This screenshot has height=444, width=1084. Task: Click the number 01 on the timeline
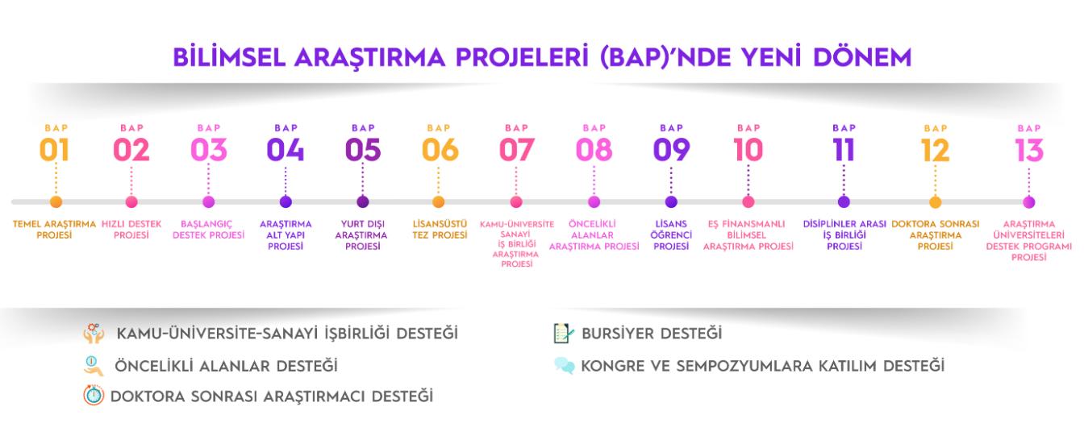pyautogui.click(x=54, y=150)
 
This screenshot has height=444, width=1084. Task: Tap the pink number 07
pyautogui.click(x=516, y=150)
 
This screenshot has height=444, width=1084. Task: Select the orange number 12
pyautogui.click(x=935, y=151)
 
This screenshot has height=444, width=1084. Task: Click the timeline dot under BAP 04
pyautogui.click(x=286, y=201)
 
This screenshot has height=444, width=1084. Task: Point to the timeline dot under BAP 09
pyautogui.click(x=671, y=201)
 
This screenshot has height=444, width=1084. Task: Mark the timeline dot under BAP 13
pyautogui.click(x=1029, y=201)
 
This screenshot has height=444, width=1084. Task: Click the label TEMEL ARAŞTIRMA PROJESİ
pyautogui.click(x=54, y=230)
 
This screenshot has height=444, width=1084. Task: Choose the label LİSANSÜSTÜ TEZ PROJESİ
pyautogui.click(x=440, y=230)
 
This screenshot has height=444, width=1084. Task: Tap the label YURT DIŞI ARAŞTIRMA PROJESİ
pyautogui.click(x=361, y=235)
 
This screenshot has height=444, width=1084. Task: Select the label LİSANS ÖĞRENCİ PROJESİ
pyautogui.click(x=671, y=235)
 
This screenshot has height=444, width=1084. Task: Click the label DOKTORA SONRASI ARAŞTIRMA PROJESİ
pyautogui.click(x=935, y=235)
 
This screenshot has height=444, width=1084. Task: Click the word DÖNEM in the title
pyautogui.click(x=862, y=57)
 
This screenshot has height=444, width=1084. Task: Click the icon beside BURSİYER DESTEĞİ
pyautogui.click(x=563, y=334)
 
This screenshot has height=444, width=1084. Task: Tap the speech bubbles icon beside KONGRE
pyautogui.click(x=565, y=365)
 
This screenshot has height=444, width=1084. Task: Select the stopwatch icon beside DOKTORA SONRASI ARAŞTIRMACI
pyautogui.click(x=94, y=395)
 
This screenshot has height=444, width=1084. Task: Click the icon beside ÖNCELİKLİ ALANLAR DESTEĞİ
pyautogui.click(x=93, y=366)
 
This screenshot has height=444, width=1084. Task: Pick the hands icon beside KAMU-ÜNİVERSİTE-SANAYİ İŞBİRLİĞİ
pyautogui.click(x=94, y=334)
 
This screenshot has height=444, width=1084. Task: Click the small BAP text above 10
pyautogui.click(x=748, y=128)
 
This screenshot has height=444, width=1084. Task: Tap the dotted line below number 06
pyautogui.click(x=439, y=181)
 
